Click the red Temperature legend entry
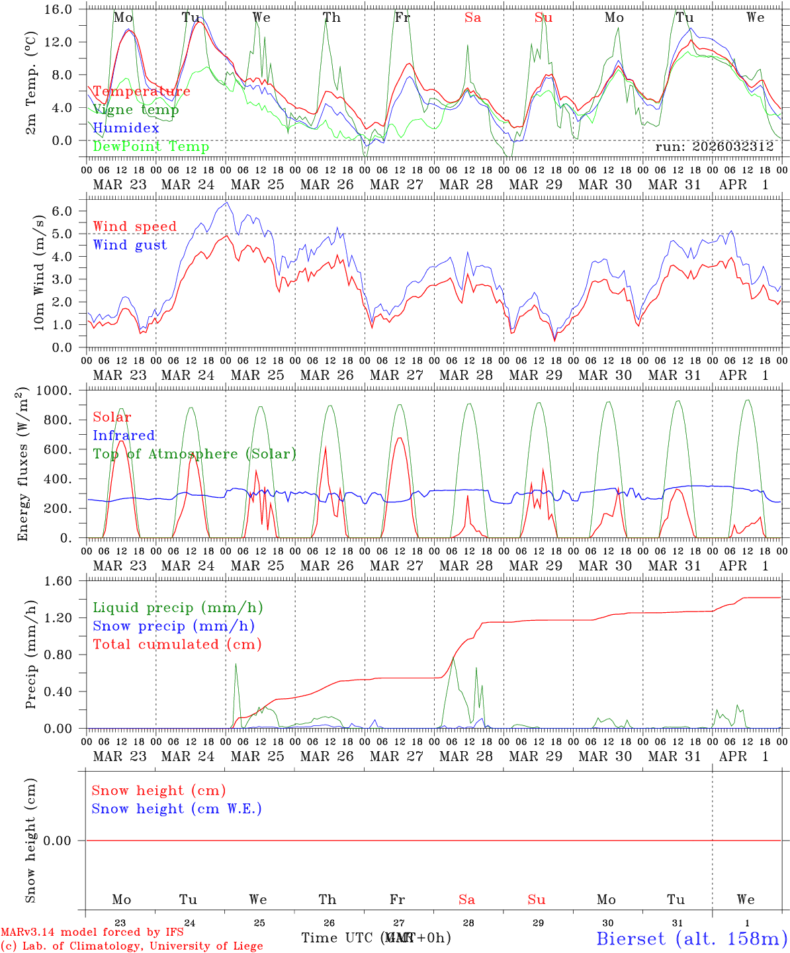[141, 91]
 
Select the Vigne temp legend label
[136, 110]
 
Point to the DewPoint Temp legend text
[151, 147]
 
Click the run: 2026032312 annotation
[714, 147]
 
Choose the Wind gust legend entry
[130, 245]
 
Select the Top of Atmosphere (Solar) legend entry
[194, 454]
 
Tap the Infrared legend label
[124, 435]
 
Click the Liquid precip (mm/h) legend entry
[177, 608]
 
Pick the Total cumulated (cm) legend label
[177, 645]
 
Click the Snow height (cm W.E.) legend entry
[177, 809]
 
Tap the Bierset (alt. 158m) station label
[691, 938]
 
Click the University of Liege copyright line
[132, 946]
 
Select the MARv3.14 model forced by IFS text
[92, 932]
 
